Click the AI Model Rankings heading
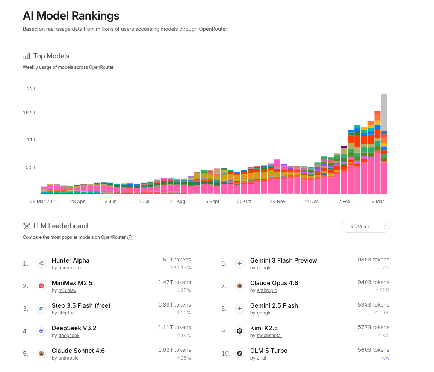click(x=71, y=16)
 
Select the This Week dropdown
click(x=365, y=227)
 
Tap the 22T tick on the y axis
click(x=31, y=89)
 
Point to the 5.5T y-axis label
click(x=30, y=167)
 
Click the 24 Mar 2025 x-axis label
click(x=44, y=202)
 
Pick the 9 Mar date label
click(x=378, y=202)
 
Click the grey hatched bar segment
click(x=384, y=112)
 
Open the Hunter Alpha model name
click(x=71, y=260)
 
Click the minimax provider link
click(x=67, y=290)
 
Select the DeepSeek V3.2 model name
click(x=74, y=328)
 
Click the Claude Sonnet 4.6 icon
click(x=41, y=354)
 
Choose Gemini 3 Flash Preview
click(x=283, y=260)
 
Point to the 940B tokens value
click(x=374, y=282)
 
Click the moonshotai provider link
click(x=269, y=336)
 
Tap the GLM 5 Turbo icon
click(x=240, y=354)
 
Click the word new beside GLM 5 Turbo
click(x=385, y=358)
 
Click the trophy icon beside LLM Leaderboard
click(x=26, y=226)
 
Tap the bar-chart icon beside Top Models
click(x=26, y=56)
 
